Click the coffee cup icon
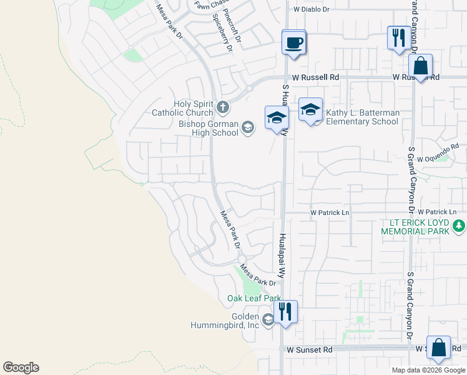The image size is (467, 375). [x=294, y=43]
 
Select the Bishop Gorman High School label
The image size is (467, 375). [x=209, y=129]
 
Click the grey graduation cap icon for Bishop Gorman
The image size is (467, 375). [x=248, y=129]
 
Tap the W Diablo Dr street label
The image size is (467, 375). [x=310, y=10]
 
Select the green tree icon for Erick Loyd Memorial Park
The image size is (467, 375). [x=460, y=225]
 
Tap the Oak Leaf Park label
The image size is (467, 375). [x=254, y=299]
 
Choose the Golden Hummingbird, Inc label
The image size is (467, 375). [x=225, y=321]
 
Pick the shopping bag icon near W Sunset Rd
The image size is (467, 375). [x=438, y=348]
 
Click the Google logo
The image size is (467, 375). [x=21, y=367]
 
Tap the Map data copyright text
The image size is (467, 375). [x=428, y=370]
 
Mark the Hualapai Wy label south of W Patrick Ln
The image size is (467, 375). [x=282, y=257]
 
